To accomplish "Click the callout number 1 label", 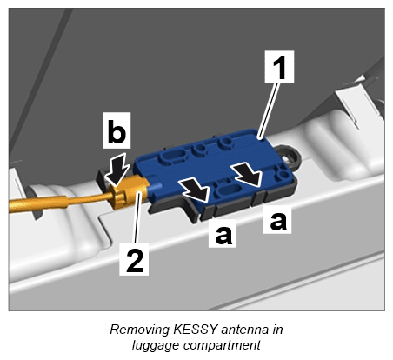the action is coord(279,67).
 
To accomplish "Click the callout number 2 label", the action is coord(134,259).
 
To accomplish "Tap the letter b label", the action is coord(117,130).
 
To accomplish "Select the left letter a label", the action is coord(223,233).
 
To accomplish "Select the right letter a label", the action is coord(277,219).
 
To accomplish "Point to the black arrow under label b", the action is coord(117,170).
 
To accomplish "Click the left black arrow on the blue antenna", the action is coord(195,190).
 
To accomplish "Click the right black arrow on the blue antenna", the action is coord(249,175).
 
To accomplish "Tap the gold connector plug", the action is coord(129,192).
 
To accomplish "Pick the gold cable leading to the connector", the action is coord(59,202).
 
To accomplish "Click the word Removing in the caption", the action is coord(140,330).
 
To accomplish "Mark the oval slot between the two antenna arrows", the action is coord(230,190).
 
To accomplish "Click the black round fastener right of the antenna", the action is coord(290,157).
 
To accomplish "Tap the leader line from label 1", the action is coord(270,110).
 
